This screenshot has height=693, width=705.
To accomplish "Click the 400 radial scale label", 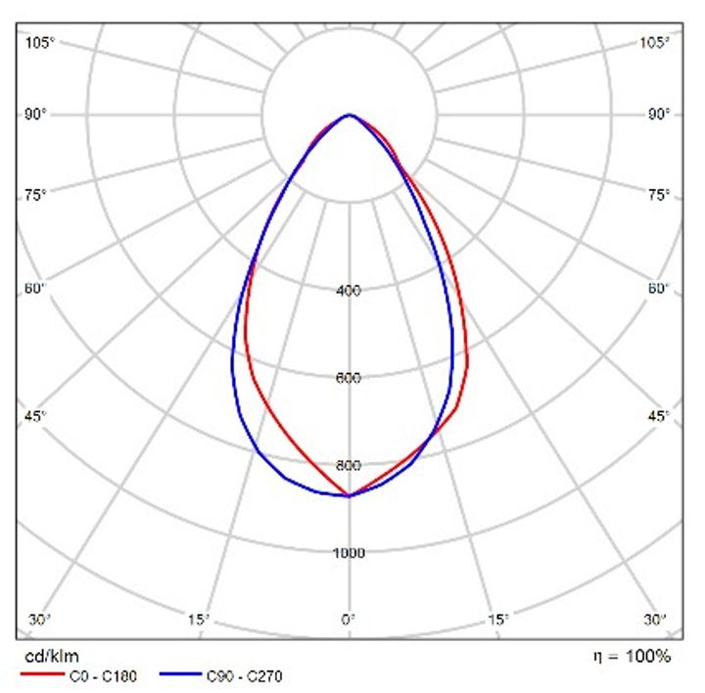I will (349, 291).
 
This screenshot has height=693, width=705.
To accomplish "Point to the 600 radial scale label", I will (349, 378).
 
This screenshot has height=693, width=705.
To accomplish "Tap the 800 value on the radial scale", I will (349, 465).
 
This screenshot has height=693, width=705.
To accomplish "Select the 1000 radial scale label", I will (349, 553).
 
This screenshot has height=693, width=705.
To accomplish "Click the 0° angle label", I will (349, 620).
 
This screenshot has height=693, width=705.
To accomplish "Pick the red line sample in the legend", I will (40, 675).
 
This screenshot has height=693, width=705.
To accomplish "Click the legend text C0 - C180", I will (108, 675).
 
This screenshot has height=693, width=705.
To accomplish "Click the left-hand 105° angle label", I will (40, 42).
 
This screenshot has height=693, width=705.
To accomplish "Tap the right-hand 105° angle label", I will (655, 42).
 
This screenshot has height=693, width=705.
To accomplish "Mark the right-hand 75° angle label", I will (659, 195).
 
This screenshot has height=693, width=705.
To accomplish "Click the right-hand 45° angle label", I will (659, 417).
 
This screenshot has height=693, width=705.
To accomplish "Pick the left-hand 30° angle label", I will (39, 620).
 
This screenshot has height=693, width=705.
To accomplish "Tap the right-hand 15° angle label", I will (498, 620).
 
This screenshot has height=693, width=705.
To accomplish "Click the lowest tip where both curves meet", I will (349, 495).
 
